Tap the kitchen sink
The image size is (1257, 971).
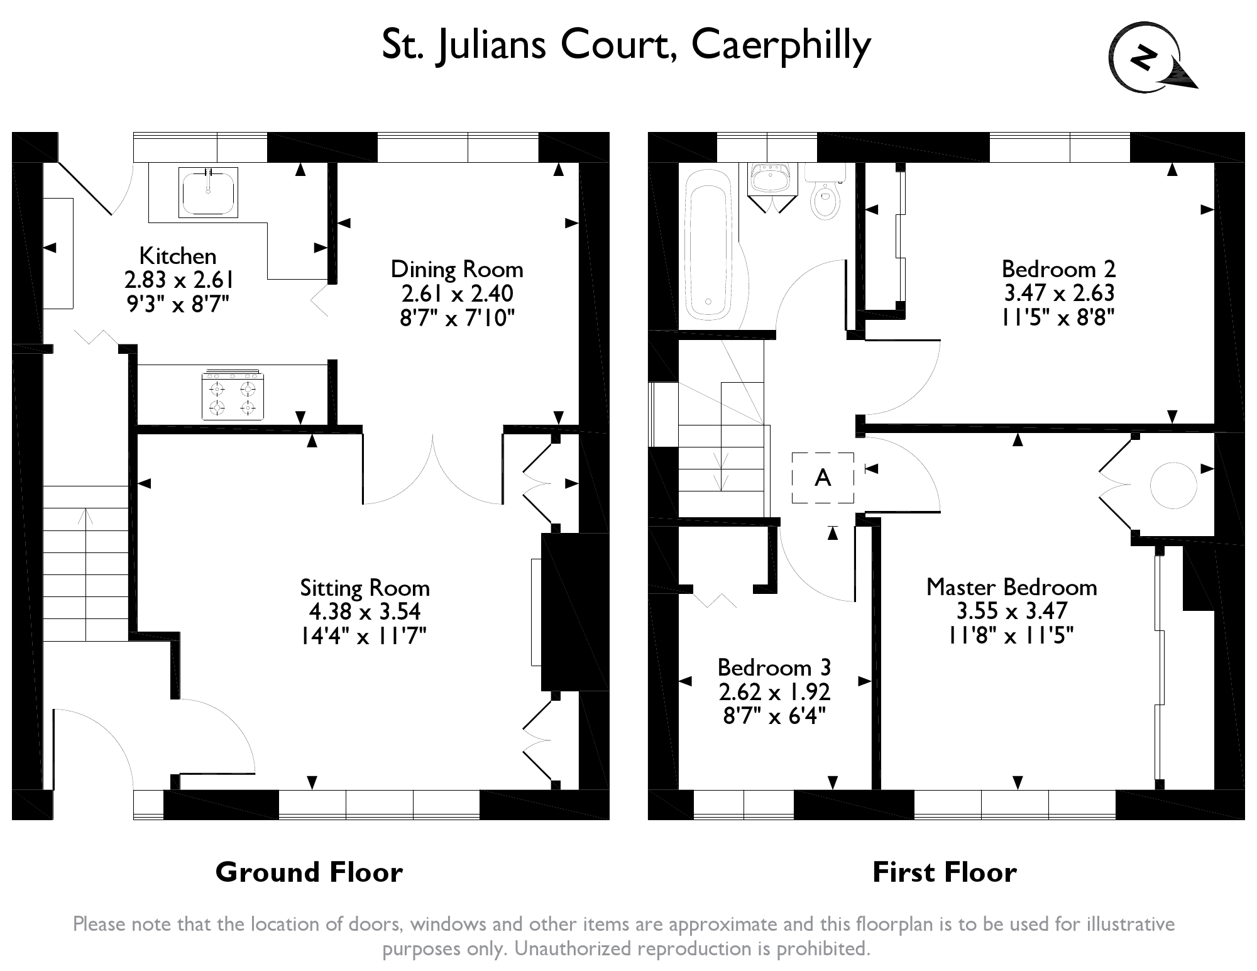[207, 192]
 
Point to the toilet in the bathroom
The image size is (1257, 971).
[825, 196]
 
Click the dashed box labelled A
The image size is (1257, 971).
[823, 478]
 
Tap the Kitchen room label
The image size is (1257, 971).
[178, 256]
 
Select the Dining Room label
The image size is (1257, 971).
[457, 270]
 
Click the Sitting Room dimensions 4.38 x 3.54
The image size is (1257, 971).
[365, 612]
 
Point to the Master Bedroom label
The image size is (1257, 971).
[1011, 587]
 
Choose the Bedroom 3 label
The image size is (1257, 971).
[774, 667]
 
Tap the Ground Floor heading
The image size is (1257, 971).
[309, 872]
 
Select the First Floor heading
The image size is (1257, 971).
[944, 872]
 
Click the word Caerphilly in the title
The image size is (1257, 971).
[781, 45]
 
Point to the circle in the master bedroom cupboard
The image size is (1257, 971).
[1173, 485]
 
